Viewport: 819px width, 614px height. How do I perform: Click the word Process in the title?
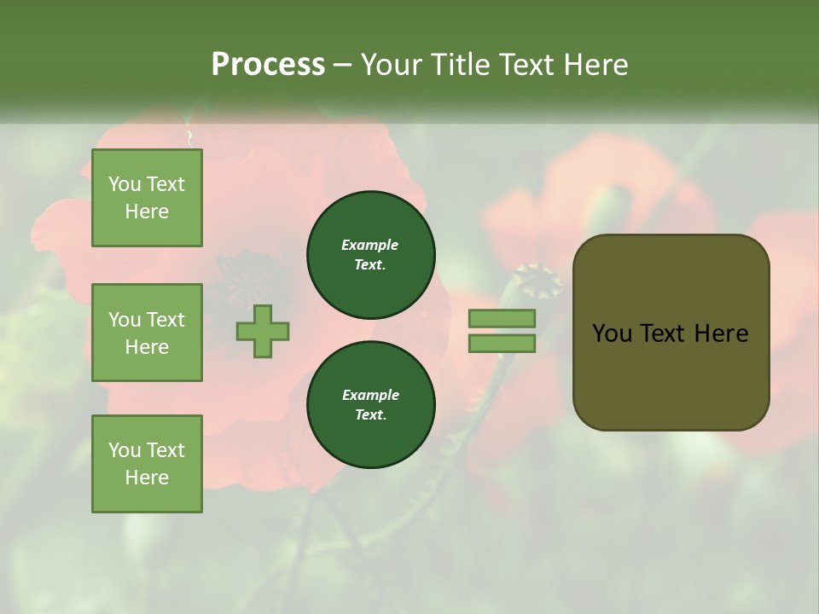(268, 65)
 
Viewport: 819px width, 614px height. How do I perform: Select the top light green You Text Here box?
(147, 198)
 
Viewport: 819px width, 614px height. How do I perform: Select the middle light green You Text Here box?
(147, 333)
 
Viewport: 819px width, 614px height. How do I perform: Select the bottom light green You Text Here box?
(147, 464)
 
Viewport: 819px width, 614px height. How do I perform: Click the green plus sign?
(263, 332)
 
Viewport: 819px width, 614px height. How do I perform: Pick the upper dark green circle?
(371, 254)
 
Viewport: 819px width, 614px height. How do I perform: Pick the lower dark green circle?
(371, 404)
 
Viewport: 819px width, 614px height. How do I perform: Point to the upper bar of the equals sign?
(502, 318)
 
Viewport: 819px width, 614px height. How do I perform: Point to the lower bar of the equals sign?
(502, 344)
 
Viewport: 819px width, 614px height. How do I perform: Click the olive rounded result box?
(671, 333)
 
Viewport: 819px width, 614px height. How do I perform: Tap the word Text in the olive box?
(664, 333)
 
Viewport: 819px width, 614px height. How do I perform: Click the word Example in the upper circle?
(370, 245)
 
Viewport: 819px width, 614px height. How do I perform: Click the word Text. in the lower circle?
(370, 414)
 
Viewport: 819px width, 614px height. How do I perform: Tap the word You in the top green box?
(125, 184)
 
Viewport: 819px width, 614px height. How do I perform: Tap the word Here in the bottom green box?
(147, 478)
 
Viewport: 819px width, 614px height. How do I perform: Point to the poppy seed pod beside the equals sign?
(536, 280)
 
